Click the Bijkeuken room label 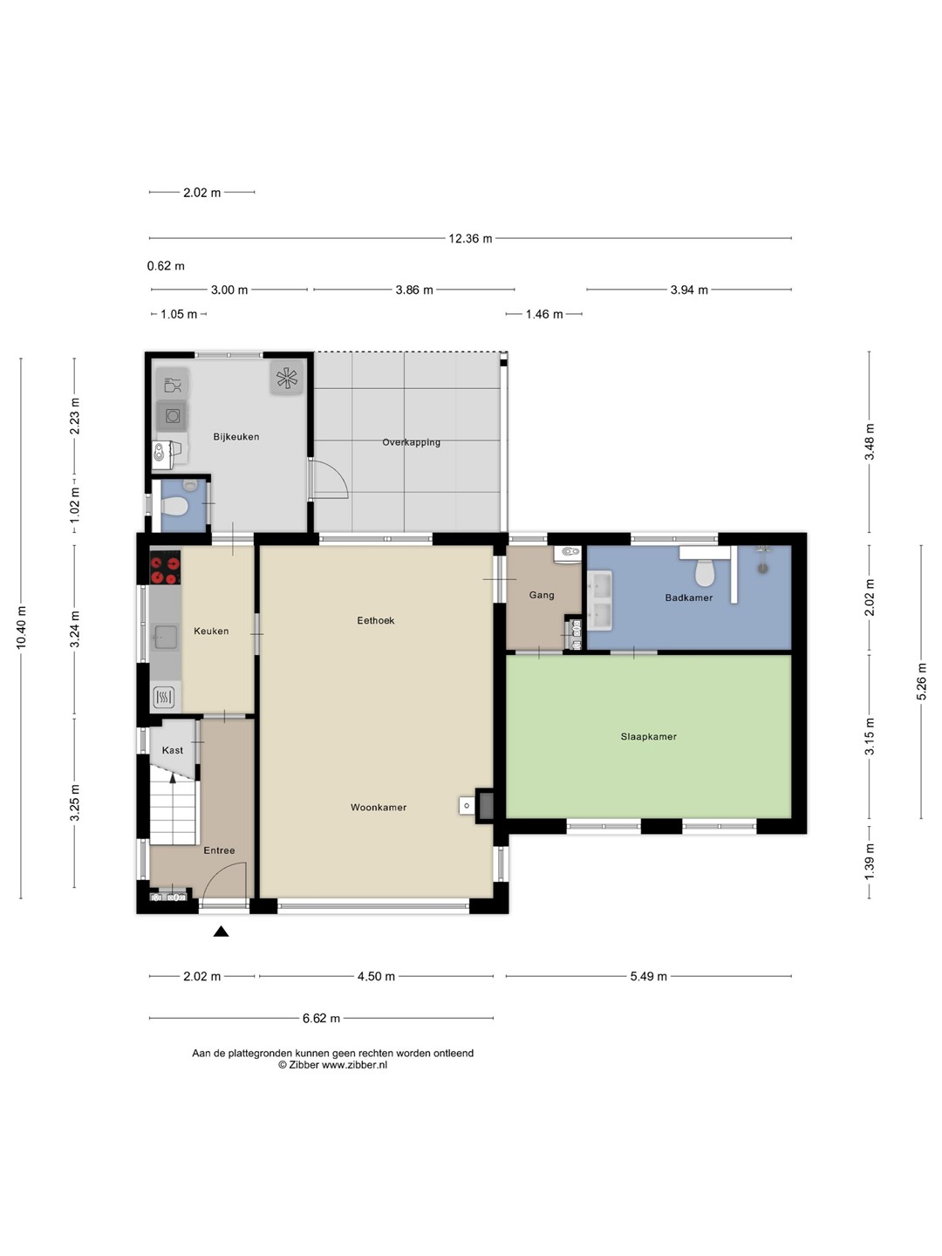click(236, 437)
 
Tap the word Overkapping click(411, 442)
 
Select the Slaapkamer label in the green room click(649, 737)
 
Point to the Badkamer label click(689, 598)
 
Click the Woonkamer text click(379, 808)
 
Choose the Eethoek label click(376, 620)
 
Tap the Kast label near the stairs click(173, 750)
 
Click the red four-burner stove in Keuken click(165, 568)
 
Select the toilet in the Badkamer click(705, 572)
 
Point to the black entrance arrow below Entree click(222, 932)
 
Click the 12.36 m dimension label click(470, 239)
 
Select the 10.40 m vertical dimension click(21, 627)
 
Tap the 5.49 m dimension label click(649, 977)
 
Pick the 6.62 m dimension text click(322, 1019)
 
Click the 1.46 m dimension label click(544, 314)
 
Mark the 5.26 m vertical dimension click(921, 681)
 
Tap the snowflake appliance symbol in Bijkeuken click(287, 379)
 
